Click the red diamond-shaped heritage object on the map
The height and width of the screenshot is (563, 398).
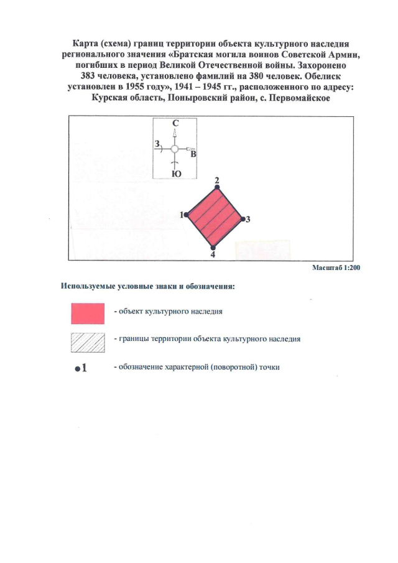click(215, 216)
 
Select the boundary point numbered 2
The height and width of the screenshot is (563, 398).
click(217, 187)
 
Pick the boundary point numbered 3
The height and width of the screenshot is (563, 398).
click(243, 218)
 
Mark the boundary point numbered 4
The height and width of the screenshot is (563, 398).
click(213, 248)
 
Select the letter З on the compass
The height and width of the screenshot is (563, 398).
click(156, 144)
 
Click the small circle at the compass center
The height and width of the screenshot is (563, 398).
click(175, 149)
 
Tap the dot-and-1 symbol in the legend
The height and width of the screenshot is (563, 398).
click(80, 368)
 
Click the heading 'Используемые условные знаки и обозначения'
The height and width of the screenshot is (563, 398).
click(147, 287)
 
